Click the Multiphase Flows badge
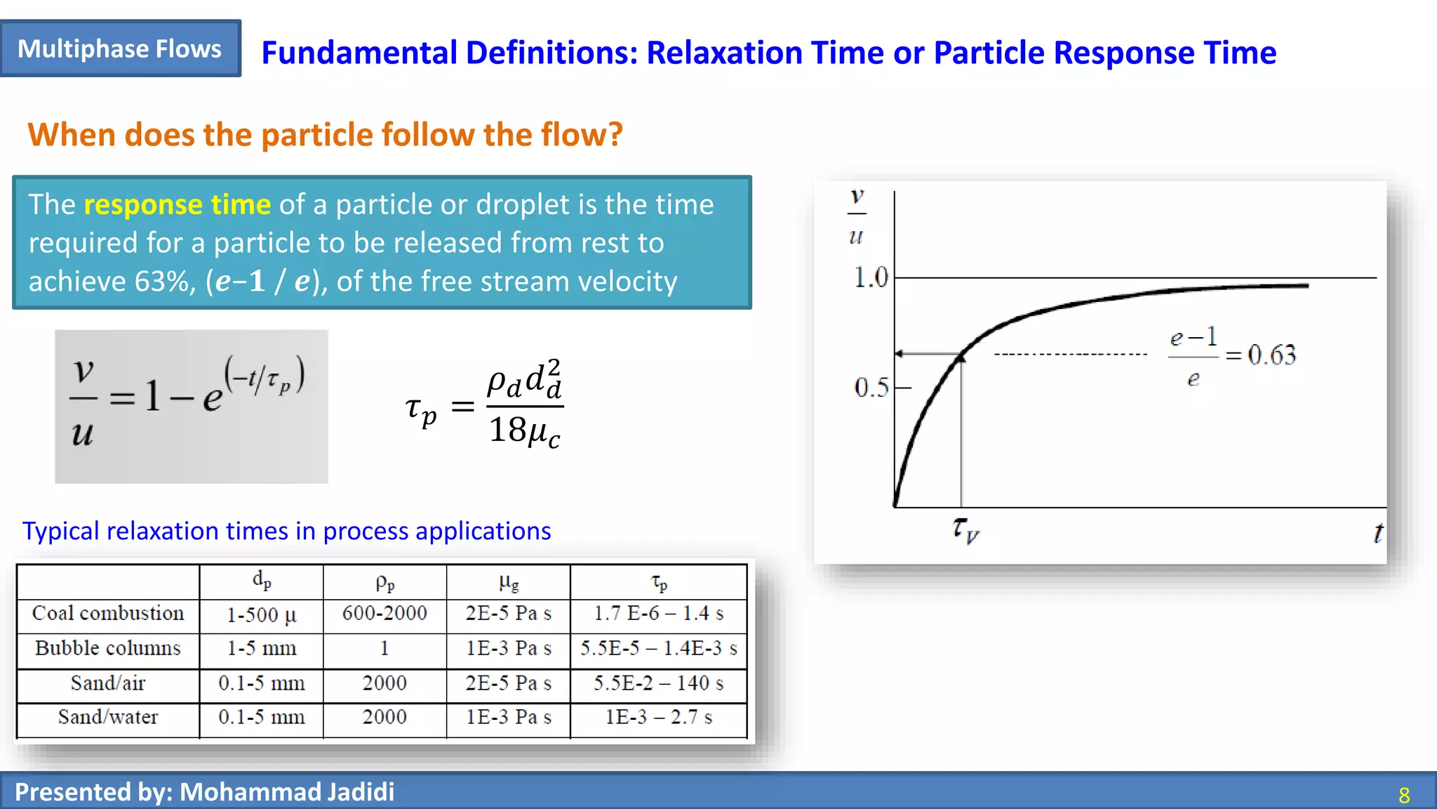(x=120, y=48)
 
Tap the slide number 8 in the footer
(x=1403, y=795)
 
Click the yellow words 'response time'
(x=177, y=204)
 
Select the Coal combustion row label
(x=108, y=613)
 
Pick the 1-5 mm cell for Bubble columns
(x=261, y=648)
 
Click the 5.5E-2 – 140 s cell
(x=658, y=683)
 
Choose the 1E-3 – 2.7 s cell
(x=658, y=717)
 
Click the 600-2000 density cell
(x=385, y=613)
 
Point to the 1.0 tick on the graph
(x=871, y=278)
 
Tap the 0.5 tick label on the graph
(x=871, y=387)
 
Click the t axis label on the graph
(x=1377, y=533)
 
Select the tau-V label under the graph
(x=965, y=530)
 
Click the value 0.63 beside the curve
(x=1271, y=355)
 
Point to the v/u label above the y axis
(x=856, y=216)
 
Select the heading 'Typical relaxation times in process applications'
(x=286, y=531)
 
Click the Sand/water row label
(x=108, y=717)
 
